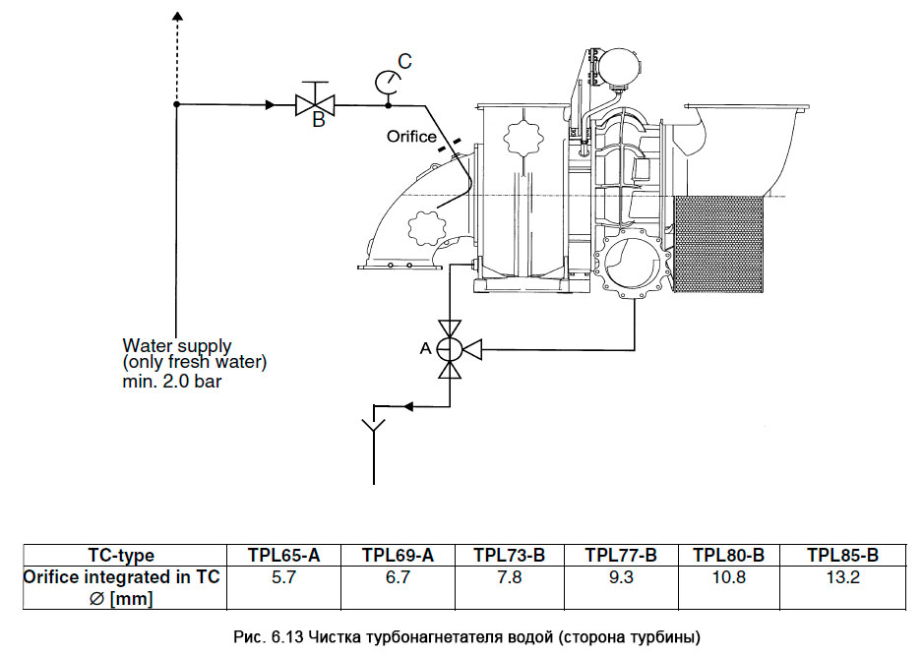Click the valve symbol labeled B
tap(316, 103)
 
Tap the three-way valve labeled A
tap(450, 348)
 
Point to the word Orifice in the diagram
tap(411, 137)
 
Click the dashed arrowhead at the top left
tap(176, 17)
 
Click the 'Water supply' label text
tap(177, 346)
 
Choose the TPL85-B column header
tap(842, 556)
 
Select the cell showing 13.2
tap(842, 577)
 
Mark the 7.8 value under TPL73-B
tap(509, 577)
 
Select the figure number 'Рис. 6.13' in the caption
tap(265, 637)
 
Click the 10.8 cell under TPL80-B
tap(729, 577)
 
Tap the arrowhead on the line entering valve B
tap(270, 103)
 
